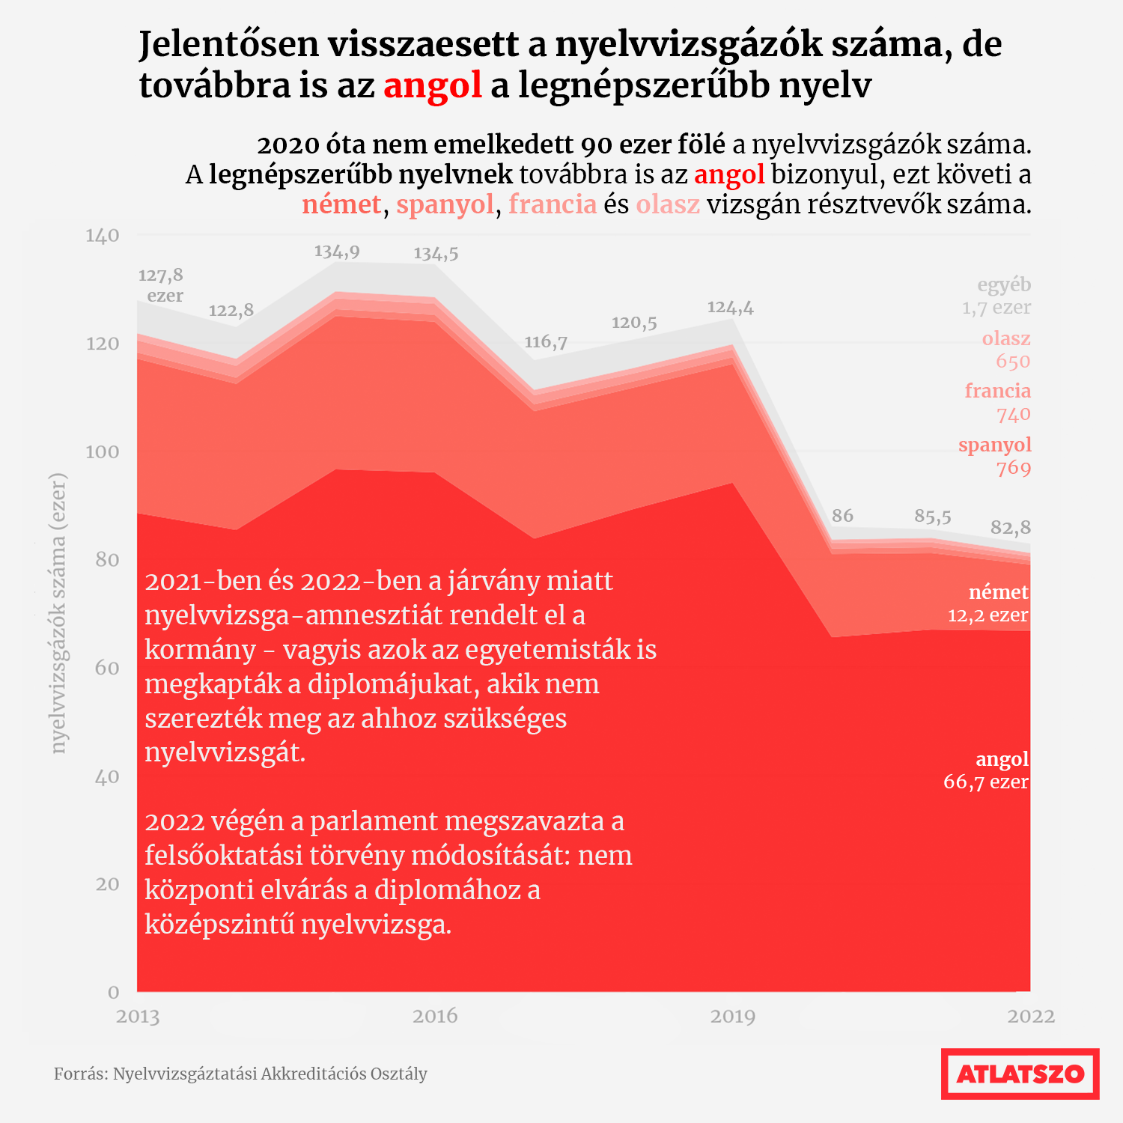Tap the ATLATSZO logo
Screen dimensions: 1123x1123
tap(1020, 1074)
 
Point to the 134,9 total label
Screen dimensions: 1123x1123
tap(337, 252)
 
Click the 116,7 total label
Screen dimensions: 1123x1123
tap(546, 342)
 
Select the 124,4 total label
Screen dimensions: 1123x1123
tap(731, 308)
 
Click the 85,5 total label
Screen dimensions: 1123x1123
tap(933, 517)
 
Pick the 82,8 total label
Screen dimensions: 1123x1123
tap(1011, 528)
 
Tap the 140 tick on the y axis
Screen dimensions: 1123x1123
tap(103, 235)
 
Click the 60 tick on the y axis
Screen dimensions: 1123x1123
tap(108, 668)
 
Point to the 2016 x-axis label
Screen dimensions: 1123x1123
tap(435, 1016)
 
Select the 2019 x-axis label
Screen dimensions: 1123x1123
tap(733, 1016)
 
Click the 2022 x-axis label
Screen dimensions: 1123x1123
tap(1031, 1016)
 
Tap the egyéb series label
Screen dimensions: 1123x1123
tap(1004, 285)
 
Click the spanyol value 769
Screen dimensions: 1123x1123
tap(1014, 469)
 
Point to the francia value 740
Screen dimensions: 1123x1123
tap(1014, 415)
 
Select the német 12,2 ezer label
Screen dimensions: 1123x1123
tap(988, 603)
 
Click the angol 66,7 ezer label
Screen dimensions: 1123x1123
tap(986, 770)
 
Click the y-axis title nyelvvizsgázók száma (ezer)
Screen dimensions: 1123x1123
tap(58, 613)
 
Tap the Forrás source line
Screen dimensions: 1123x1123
tap(240, 1074)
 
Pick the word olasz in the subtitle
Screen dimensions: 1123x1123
tap(668, 204)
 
